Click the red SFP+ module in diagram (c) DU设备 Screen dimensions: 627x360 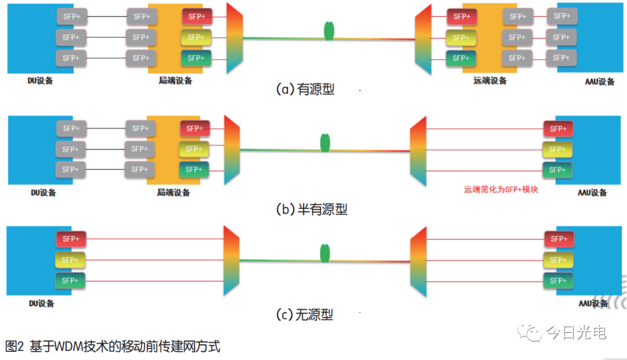(x=71, y=239)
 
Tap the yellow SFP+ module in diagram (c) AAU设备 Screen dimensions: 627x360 (x=558, y=260)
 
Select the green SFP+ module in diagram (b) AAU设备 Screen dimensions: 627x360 (x=557, y=170)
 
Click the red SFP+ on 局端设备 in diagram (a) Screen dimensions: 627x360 (x=197, y=16)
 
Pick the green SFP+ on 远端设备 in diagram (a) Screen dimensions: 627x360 (x=461, y=58)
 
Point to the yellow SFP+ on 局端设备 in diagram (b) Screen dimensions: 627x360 (x=194, y=149)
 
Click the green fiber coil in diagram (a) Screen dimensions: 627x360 (x=329, y=31)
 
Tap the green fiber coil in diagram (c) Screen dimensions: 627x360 (x=325, y=254)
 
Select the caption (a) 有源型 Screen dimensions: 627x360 (x=305, y=89)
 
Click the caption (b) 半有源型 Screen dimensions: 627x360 (x=312, y=209)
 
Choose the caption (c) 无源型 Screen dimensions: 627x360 (x=305, y=315)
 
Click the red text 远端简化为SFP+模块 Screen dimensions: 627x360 (x=501, y=190)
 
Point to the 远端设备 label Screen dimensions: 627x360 (x=490, y=81)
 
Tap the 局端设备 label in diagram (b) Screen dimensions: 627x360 (x=173, y=192)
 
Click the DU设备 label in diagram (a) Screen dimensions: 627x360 (x=40, y=81)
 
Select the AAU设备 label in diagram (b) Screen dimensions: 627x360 (x=592, y=193)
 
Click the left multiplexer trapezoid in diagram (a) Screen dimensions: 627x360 (x=235, y=38)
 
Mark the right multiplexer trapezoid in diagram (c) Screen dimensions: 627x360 (x=418, y=262)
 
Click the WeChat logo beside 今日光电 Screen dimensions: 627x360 (x=529, y=332)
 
